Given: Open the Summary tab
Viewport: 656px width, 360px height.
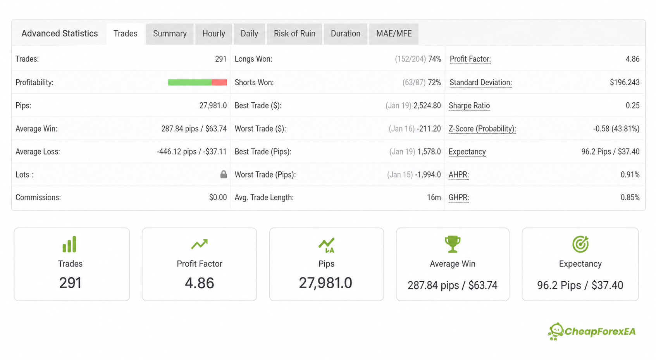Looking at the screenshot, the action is click(x=170, y=34).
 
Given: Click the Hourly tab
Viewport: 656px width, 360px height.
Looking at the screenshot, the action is click(x=214, y=34).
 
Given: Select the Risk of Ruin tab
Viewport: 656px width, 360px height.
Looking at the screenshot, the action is click(x=294, y=34).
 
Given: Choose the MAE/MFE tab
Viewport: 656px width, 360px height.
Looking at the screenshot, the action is click(x=394, y=34).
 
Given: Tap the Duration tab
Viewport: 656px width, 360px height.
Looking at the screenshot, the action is click(x=346, y=34).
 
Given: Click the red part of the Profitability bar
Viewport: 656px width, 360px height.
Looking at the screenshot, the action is click(x=219, y=82).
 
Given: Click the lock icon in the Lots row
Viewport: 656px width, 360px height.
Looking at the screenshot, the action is click(x=224, y=174).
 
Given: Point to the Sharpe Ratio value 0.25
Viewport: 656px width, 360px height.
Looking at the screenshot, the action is click(x=633, y=105).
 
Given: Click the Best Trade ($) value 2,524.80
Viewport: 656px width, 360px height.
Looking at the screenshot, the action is click(x=427, y=105).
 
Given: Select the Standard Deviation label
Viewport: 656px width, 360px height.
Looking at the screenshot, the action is click(x=480, y=83).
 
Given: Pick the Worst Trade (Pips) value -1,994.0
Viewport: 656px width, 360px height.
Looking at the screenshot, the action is click(x=428, y=175).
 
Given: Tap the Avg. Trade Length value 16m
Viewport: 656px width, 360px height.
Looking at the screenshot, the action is click(x=434, y=197).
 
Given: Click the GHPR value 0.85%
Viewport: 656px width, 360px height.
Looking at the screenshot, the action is click(x=630, y=197).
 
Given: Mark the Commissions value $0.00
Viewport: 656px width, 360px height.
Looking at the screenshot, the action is click(x=218, y=197).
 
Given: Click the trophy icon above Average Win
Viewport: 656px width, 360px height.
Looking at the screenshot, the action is click(x=453, y=244).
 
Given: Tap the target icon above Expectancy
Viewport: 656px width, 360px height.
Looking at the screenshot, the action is click(x=580, y=244).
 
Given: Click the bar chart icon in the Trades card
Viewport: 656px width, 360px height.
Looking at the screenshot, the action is click(x=69, y=244).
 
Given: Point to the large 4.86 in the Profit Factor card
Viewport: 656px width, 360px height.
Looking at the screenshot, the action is click(x=200, y=283).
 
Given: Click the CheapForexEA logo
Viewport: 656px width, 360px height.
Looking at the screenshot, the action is click(x=592, y=332).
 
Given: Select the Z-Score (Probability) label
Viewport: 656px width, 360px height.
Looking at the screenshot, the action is click(x=482, y=129).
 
